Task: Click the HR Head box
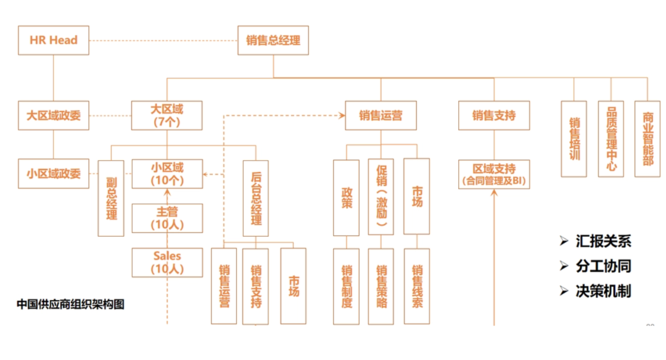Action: pyautogui.click(x=54, y=40)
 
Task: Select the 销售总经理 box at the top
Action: pyautogui.click(x=273, y=40)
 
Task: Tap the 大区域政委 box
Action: pyautogui.click(x=54, y=115)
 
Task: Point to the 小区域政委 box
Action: pyautogui.click(x=54, y=174)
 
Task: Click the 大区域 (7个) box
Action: pyautogui.click(x=167, y=115)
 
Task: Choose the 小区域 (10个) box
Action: pyautogui.click(x=167, y=174)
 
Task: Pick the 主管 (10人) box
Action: pyautogui.click(x=167, y=218)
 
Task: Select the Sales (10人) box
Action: pyautogui.click(x=167, y=262)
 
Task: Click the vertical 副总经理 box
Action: pyautogui.click(x=112, y=198)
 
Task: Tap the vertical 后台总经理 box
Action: pyautogui.click(x=256, y=198)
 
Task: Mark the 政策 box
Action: pyautogui.click(x=347, y=197)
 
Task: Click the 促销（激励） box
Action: pyautogui.click(x=381, y=197)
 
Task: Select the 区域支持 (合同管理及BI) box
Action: pyautogui.click(x=494, y=174)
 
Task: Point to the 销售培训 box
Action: pyautogui.click(x=574, y=139)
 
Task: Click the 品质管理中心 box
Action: pyautogui.click(x=610, y=139)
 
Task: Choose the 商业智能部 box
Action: pyautogui.click(x=647, y=139)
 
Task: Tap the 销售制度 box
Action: pyautogui.click(x=347, y=286)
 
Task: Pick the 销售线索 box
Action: pyautogui.click(x=417, y=286)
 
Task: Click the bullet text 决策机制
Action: pyautogui.click(x=602, y=291)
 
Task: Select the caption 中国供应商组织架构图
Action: pyautogui.click(x=70, y=304)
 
